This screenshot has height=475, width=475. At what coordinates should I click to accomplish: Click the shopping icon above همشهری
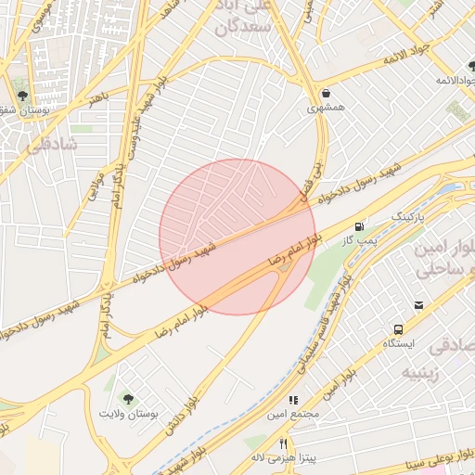(327, 94)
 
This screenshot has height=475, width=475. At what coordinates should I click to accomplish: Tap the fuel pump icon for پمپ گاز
(359, 226)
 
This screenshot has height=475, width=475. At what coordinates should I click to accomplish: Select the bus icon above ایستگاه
(398, 329)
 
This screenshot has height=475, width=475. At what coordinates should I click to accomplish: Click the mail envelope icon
(419, 305)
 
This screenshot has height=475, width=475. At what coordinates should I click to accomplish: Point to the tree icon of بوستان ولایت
(128, 398)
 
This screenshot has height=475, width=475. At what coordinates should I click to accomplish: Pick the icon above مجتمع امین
(293, 401)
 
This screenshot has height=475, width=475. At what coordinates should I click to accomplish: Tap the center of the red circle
(238, 237)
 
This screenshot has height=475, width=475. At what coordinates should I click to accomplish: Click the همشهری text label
(327, 109)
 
